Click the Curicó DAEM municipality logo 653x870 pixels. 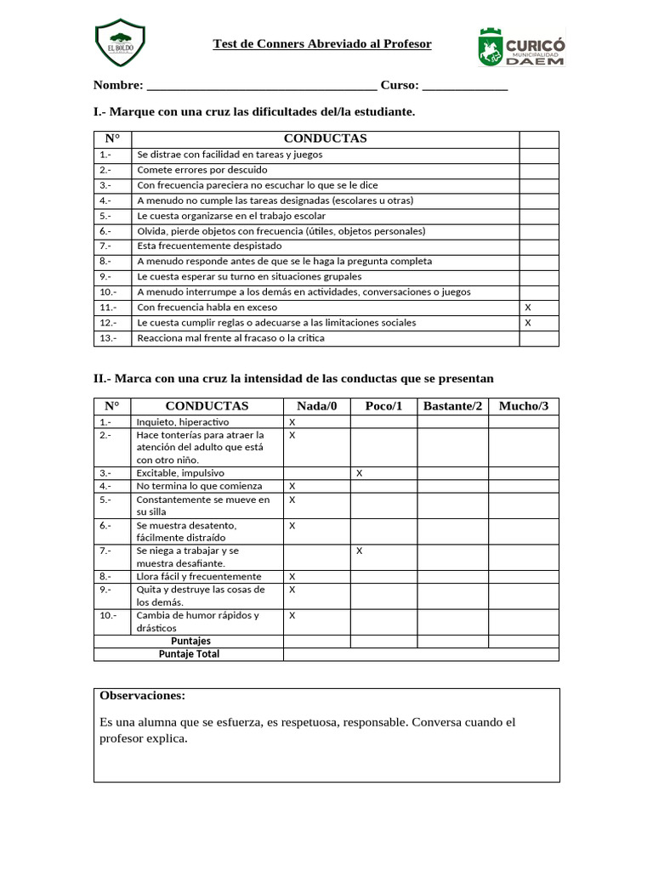tap(521, 46)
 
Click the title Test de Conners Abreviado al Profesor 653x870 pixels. tap(321, 43)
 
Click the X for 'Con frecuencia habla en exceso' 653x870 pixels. tap(528, 308)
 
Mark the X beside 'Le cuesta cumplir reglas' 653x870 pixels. tap(528, 323)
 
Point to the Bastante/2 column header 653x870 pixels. tap(452, 406)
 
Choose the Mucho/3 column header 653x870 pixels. tap(524, 406)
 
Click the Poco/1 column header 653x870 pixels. tap(383, 406)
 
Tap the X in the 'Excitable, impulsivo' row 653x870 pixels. tap(360, 473)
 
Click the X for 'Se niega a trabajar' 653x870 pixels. tap(360, 551)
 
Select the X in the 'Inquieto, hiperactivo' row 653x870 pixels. tap(292, 422)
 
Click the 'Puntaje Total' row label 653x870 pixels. tap(189, 654)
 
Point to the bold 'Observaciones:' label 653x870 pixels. tap(142, 696)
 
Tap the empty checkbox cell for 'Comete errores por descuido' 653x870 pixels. tap(538, 170)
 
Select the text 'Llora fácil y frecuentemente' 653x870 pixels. tap(199, 577)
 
